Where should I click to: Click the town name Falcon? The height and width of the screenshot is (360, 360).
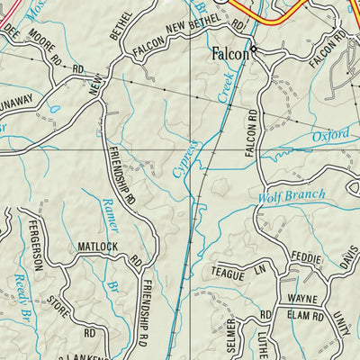click(229, 54)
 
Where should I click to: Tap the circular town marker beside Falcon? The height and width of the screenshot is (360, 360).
click(254, 49)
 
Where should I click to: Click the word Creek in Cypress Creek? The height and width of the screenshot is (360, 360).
click(217, 110)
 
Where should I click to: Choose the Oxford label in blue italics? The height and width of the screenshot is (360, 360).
click(331, 136)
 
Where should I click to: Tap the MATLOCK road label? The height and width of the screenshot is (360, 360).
click(97, 245)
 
